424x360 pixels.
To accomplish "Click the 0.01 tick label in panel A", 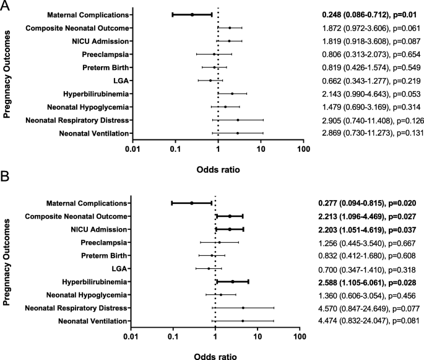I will pyautogui.click(x=132, y=149).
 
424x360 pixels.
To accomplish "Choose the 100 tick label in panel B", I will pyautogui.click(x=300, y=338).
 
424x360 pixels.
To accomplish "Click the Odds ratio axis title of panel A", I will pyautogui.click(x=218, y=168).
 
